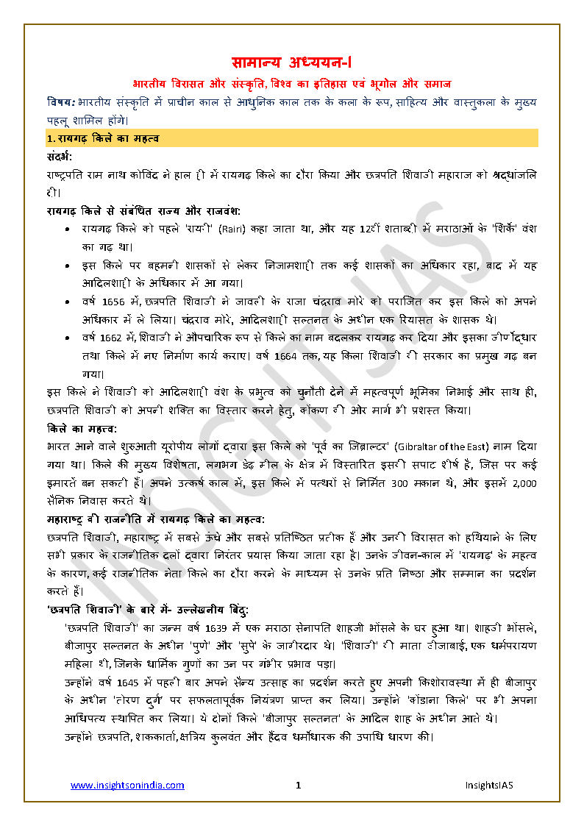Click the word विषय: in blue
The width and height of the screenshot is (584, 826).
click(x=59, y=101)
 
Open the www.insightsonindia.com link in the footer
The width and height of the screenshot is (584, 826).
click(x=128, y=786)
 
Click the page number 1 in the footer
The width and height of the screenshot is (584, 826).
click(x=298, y=786)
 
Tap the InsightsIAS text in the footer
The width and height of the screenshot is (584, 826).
click(x=488, y=786)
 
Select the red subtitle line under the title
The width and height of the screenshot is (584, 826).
click(x=292, y=84)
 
